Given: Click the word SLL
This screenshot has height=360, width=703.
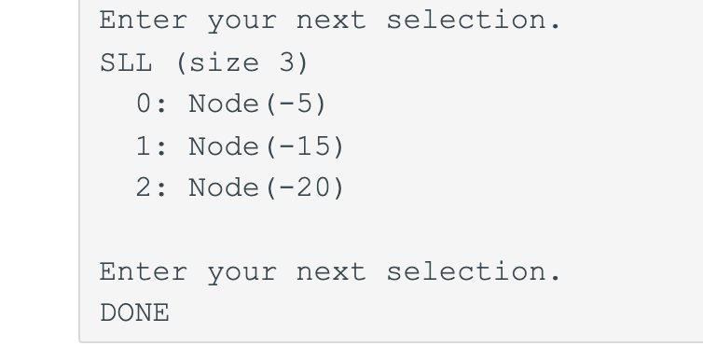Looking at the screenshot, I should pos(127,63).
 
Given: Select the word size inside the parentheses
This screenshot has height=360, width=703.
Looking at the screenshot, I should pos(225,63).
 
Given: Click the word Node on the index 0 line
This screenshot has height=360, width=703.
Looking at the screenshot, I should pos(225,104).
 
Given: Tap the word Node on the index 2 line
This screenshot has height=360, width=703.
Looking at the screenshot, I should pos(225,188).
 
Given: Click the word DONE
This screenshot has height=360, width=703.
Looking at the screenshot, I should pos(135,313).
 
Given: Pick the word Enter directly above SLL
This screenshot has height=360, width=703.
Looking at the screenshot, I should pos(144,21).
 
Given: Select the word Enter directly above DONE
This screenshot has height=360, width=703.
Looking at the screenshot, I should pos(144,271).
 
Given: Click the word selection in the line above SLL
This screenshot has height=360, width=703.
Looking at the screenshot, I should pos(474,21).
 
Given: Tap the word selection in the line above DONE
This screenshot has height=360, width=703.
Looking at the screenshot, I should pos(474,271).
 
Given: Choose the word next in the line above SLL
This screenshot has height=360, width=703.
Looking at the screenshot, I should pos(331,21).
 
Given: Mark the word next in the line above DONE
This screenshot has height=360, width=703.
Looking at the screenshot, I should pos(331,271).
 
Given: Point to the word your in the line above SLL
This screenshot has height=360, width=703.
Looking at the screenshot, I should pos(241,21).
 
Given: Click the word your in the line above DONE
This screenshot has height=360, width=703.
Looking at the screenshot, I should pos(241,271).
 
